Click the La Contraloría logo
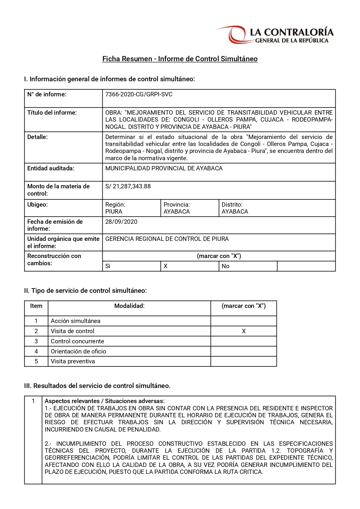[275, 35]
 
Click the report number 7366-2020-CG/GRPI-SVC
[139, 94]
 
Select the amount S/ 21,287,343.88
[128, 186]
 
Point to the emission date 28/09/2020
[121, 222]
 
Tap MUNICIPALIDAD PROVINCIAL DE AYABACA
[164, 168]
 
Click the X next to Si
[166, 266]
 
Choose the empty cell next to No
[306, 266]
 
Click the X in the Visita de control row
[244, 331]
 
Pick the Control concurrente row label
[77, 341]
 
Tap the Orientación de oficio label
[78, 351]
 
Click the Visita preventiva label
[73, 361]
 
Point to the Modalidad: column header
[129, 306]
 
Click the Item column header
[36, 306]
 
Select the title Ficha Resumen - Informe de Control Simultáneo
[180, 59]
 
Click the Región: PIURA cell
[131, 208]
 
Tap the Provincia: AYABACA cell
[190, 208]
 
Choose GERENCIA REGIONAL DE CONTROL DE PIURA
[167, 239]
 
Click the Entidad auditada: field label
[51, 168]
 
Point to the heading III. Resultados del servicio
[97, 386]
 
